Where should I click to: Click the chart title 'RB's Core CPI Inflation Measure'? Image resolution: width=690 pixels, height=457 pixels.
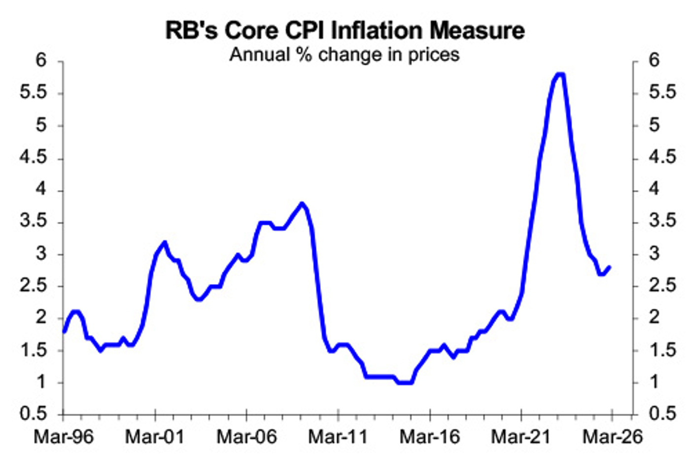pos(345,30)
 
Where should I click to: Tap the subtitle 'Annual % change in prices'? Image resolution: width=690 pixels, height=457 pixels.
pos(345,54)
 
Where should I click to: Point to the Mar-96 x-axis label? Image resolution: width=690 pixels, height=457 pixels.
pos(63,436)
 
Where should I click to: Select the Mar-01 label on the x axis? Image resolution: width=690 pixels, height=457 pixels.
pos(155,436)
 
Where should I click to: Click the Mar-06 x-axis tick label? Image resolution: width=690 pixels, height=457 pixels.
pos(246,436)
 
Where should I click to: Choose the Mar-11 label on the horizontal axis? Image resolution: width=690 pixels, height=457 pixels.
pos(338,436)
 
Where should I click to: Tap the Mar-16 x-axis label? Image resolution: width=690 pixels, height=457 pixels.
pos(430,436)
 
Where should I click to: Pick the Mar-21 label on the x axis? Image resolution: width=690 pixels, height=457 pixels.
pos(521,436)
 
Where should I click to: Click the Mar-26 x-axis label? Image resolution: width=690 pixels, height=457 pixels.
pos(613,436)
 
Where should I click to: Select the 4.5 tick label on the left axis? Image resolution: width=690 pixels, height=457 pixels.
pos(34,158)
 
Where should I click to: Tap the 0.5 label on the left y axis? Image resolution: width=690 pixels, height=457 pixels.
pos(34,414)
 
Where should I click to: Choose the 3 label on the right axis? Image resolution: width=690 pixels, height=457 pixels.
pos(654,254)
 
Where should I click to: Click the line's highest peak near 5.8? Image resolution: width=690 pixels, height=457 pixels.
pos(560,74)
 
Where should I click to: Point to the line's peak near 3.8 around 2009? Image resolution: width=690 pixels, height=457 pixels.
pos(302,203)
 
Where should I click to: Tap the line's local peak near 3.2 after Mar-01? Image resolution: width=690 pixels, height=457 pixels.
pos(164,242)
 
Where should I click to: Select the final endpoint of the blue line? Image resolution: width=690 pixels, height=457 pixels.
pos(610,267)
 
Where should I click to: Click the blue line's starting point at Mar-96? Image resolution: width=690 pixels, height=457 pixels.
pos(64,331)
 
